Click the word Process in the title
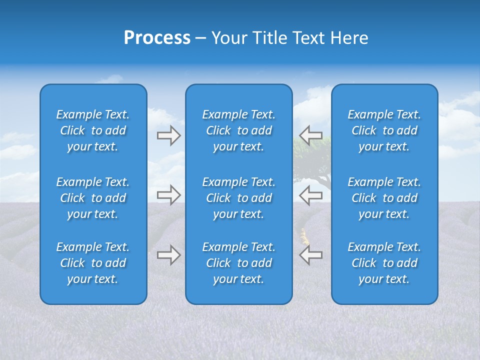(157, 38)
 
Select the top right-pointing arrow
(168, 135)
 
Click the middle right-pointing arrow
(168, 195)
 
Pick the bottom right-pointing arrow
(168, 255)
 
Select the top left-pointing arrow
(310, 135)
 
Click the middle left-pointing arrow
(310, 195)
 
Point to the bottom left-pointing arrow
(310, 255)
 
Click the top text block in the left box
(93, 130)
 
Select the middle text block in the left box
(93, 198)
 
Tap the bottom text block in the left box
(93, 263)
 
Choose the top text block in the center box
(239, 130)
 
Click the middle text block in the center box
(239, 198)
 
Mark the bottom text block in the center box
(239, 263)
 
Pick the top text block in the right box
(384, 130)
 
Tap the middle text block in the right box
(384, 198)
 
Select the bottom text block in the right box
(384, 263)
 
